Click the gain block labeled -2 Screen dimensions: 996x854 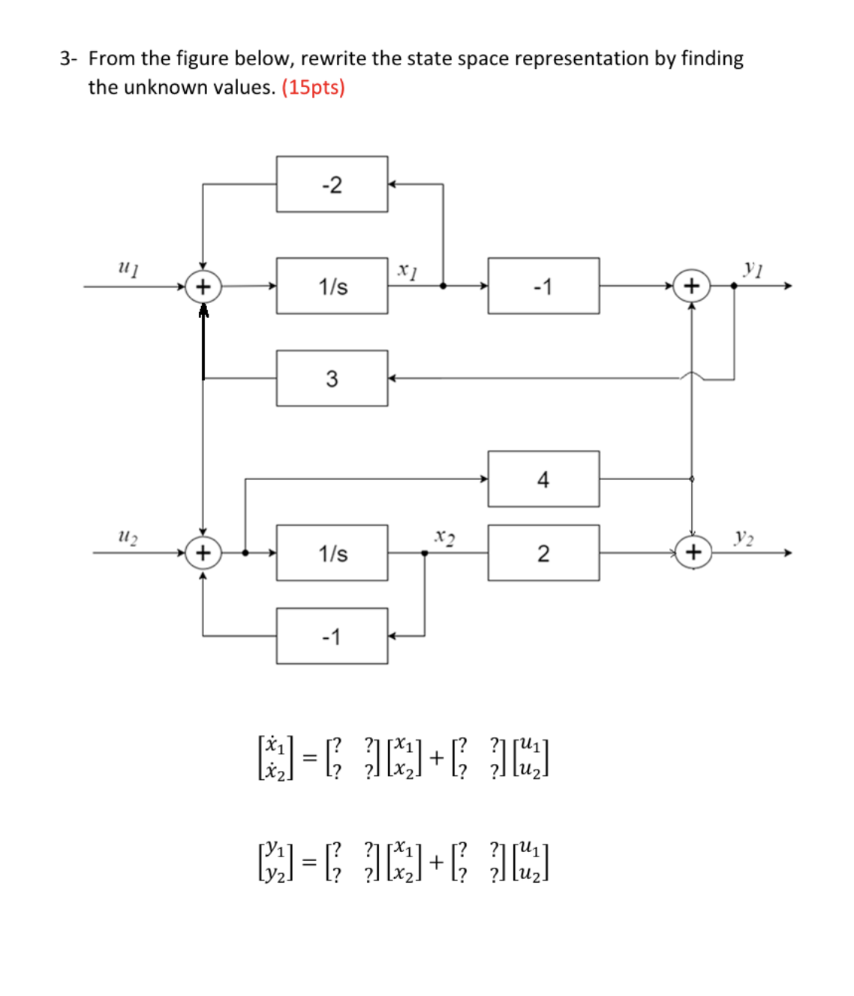(x=332, y=184)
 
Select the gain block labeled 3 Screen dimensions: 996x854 (x=332, y=379)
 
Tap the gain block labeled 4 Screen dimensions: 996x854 (x=543, y=479)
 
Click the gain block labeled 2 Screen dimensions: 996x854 (x=543, y=553)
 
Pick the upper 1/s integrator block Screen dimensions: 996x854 (x=332, y=286)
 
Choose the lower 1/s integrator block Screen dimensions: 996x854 (x=332, y=553)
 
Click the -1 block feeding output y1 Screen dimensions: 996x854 (x=543, y=286)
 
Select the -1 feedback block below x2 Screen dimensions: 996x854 (x=332, y=637)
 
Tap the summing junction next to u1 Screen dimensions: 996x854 (x=203, y=286)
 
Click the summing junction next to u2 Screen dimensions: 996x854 (x=203, y=553)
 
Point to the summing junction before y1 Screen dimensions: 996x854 (x=691, y=286)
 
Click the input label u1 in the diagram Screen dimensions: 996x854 (x=128, y=267)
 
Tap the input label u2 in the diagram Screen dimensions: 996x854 (x=128, y=535)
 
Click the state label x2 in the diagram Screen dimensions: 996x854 (x=445, y=537)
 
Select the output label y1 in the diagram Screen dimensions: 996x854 (x=753, y=268)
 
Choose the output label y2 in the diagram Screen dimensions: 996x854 (x=744, y=536)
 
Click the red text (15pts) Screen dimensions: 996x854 (x=313, y=87)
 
